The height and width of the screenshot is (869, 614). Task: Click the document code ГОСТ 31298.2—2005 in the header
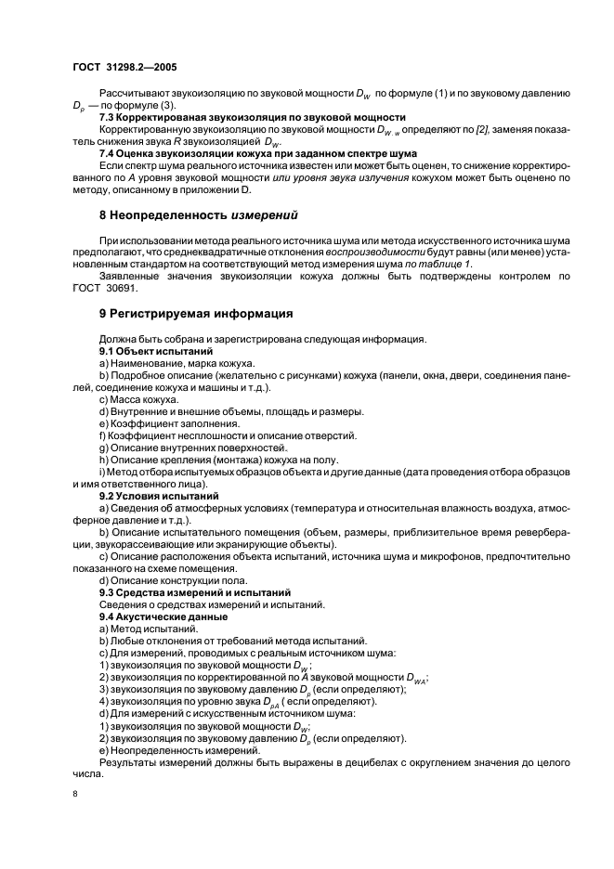[x=125, y=68]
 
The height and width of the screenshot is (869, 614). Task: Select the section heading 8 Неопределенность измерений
[x=198, y=215]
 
